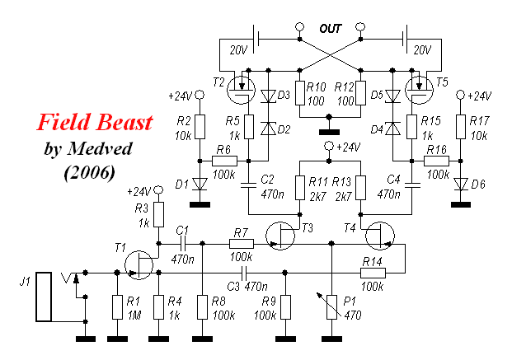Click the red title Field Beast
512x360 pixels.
pyautogui.click(x=95, y=122)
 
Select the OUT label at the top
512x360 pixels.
pyautogui.click(x=330, y=29)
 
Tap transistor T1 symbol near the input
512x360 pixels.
pyautogui.click(x=139, y=265)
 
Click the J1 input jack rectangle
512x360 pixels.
pyautogui.click(x=44, y=297)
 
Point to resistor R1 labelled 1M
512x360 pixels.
pyautogui.click(x=118, y=307)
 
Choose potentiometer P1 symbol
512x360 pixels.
pyautogui.click(x=331, y=306)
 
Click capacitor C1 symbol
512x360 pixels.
pyautogui.click(x=183, y=244)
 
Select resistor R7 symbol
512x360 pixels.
pyautogui.click(x=242, y=244)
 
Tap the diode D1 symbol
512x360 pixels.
pyautogui.click(x=200, y=185)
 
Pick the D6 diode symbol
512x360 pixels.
pyautogui.click(x=461, y=185)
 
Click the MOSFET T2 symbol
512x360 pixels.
pyautogui.click(x=241, y=90)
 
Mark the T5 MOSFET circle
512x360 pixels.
pyautogui.click(x=420, y=90)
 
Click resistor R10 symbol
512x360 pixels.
pyautogui.click(x=300, y=93)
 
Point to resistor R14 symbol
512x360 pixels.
pyautogui.click(x=373, y=273)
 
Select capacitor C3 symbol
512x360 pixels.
pyautogui.click(x=244, y=272)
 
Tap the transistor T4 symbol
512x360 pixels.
pyautogui.click(x=380, y=236)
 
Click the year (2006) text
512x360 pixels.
pyautogui.click(x=90, y=172)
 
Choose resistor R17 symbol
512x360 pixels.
pyautogui.click(x=461, y=127)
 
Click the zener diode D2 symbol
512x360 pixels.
pyautogui.click(x=269, y=129)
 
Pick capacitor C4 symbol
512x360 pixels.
pyautogui.click(x=412, y=185)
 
